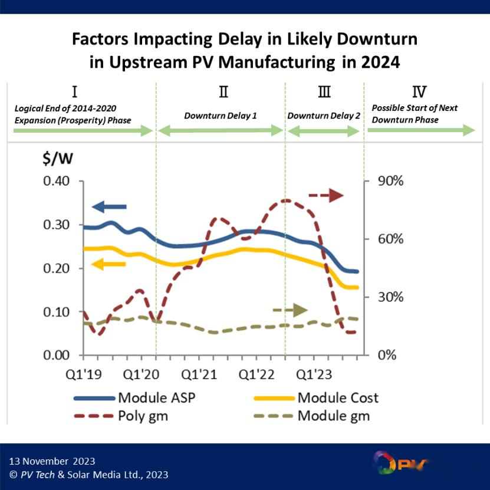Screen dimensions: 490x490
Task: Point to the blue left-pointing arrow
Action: (x=109, y=206)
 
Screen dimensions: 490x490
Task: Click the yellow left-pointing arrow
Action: (x=109, y=264)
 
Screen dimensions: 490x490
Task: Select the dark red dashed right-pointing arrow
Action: (x=326, y=195)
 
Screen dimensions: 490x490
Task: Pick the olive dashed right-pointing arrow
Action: (x=290, y=310)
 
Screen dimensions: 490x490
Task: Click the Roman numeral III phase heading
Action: (x=324, y=92)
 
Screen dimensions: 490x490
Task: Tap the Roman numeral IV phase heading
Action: (x=420, y=92)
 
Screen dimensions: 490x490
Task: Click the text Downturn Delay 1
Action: (x=221, y=116)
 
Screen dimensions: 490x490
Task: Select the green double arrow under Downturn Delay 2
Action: (x=324, y=131)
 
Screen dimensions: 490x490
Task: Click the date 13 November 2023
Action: (x=52, y=461)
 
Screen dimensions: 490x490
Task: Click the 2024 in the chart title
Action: (x=379, y=62)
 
